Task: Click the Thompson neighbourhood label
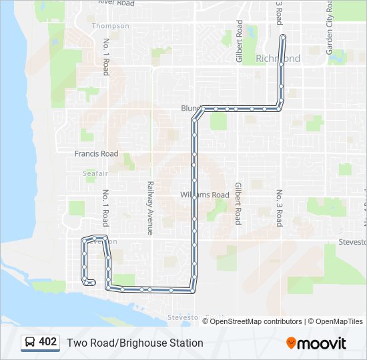(111, 26)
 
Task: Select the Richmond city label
(278, 59)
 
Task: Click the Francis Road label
(96, 153)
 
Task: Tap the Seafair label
(95, 173)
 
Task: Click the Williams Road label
(205, 195)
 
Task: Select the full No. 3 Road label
(280, 207)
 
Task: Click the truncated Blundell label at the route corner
(190, 107)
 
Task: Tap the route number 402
(47, 342)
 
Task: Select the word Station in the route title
(186, 343)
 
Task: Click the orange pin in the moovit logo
(292, 343)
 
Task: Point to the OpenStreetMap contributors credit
(256, 321)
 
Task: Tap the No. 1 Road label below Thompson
(105, 56)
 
